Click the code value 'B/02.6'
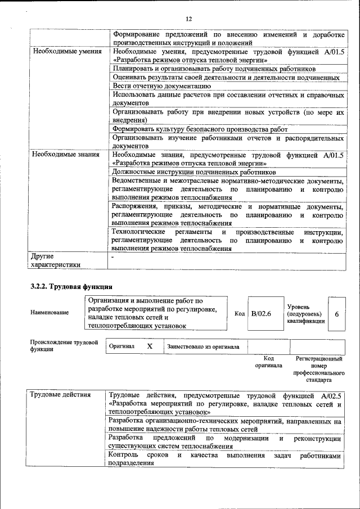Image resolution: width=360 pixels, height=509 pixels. [261, 313]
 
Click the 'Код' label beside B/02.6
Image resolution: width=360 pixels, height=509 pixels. [239, 313]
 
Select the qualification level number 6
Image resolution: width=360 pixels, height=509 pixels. [336, 313]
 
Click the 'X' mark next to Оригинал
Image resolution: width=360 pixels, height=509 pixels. [150, 346]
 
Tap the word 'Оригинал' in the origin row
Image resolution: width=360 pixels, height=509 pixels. [122, 346]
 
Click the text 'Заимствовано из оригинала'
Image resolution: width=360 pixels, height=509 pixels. [202, 346]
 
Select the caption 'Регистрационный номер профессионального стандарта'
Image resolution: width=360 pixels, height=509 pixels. [319, 368]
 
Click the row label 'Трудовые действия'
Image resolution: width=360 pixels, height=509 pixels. [60, 395]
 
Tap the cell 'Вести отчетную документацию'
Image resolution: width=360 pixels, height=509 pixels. [161, 86]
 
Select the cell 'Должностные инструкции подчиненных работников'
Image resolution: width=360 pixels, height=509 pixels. [194, 172]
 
